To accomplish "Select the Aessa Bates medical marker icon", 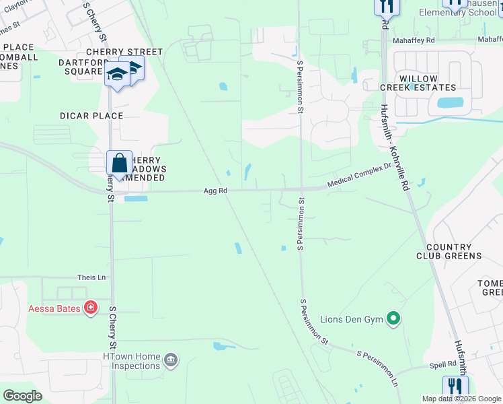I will point(91,308).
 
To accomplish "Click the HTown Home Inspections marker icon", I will point(171,361).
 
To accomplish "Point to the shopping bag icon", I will point(119,164).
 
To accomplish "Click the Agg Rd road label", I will point(215,191).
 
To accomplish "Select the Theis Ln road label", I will point(92,277).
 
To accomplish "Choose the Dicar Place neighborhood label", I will point(91,116).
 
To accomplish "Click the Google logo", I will point(22,396).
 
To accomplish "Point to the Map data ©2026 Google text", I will point(461,399).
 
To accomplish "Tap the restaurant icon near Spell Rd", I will point(455,386).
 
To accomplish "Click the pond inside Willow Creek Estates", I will point(450,103).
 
